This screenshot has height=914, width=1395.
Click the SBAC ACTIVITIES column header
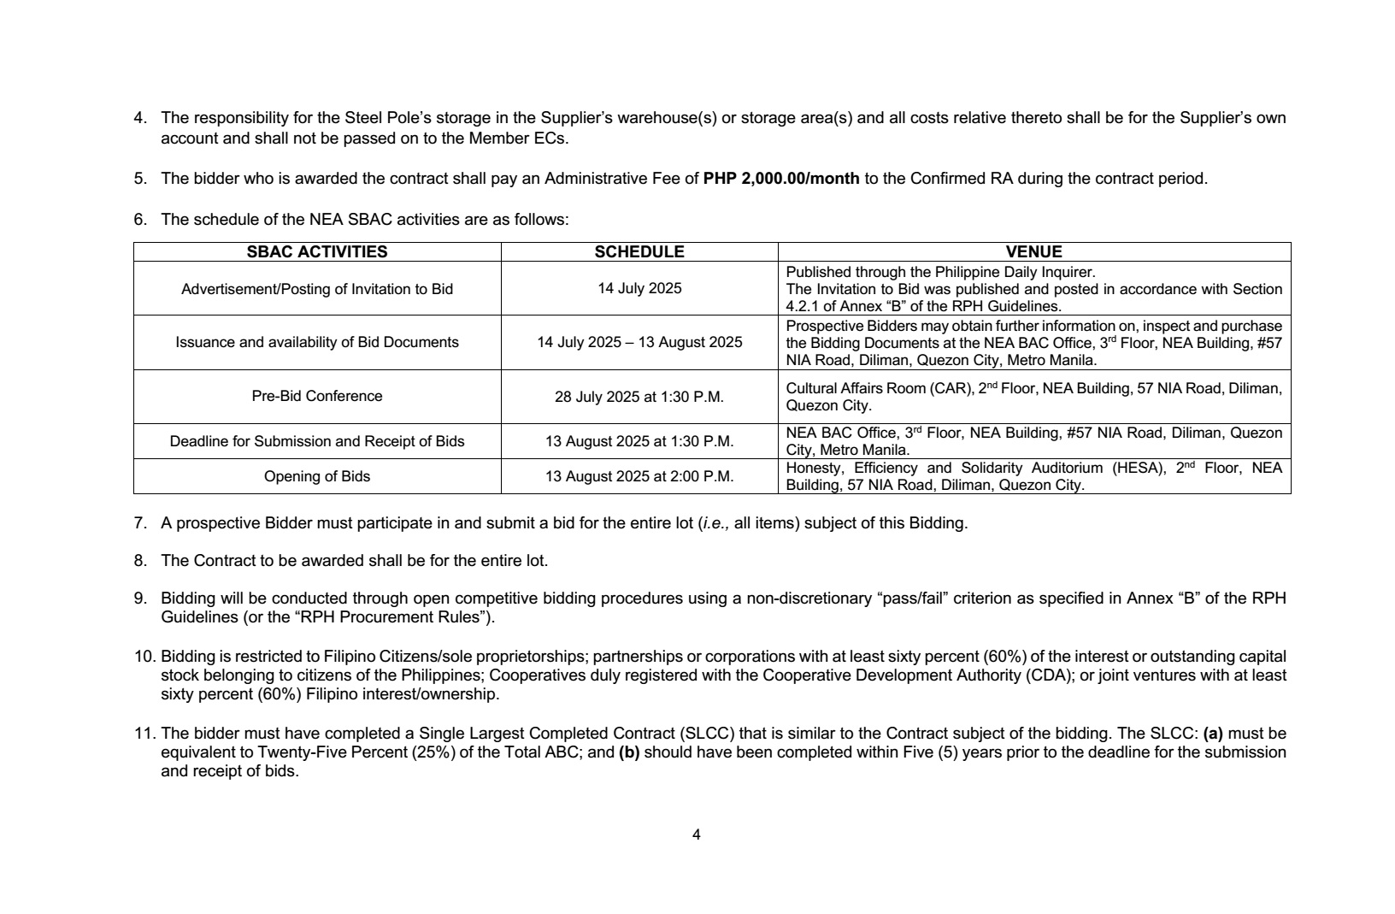316,252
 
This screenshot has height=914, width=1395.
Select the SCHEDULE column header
639,252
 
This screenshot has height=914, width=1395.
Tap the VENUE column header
1033,252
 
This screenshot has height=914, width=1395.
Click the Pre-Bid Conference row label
316,396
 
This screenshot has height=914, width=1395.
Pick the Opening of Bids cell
316,476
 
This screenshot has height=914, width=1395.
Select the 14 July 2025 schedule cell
639,288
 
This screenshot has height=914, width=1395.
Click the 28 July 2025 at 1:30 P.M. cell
639,396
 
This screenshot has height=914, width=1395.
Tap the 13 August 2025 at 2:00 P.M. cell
639,476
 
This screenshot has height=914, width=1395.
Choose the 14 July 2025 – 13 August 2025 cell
639,342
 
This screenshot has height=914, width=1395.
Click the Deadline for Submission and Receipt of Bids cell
316,441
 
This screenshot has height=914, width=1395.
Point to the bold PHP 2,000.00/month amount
781,179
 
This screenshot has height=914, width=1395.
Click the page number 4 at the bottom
696,834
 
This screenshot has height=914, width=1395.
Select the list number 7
139,523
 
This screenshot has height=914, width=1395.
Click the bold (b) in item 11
629,752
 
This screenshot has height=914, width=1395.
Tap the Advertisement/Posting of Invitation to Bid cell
316,289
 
